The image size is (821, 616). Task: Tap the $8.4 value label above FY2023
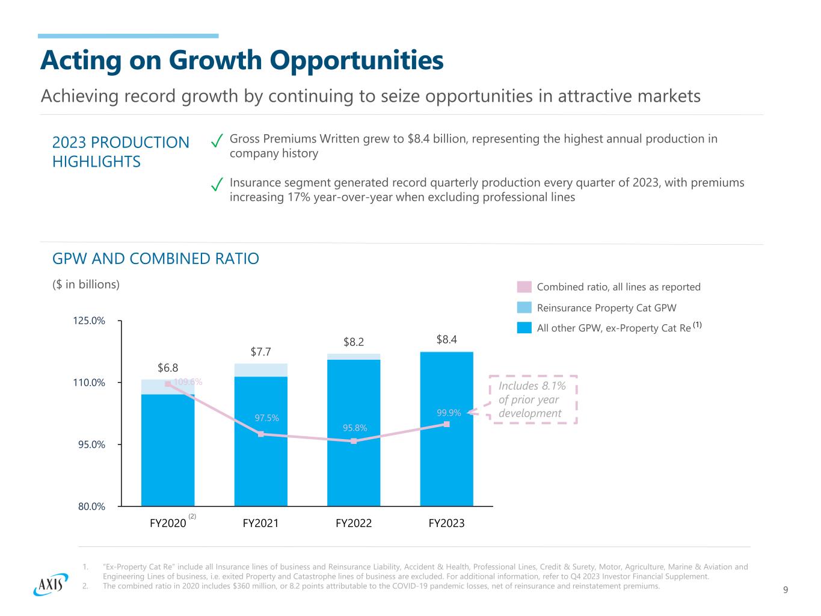446,340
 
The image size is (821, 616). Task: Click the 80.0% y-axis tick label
93,507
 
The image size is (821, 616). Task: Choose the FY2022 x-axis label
354,523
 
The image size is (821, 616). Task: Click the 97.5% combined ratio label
266,418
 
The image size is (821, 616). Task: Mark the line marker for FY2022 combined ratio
354,441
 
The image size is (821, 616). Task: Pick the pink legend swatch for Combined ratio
524,287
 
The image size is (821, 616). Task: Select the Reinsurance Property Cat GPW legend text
606,308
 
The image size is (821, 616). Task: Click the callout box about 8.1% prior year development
533,399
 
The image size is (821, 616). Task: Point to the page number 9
786,590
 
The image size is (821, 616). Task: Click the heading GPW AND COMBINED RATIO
156,259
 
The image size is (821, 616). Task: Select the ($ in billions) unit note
86,285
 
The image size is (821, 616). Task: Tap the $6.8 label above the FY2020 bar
168,368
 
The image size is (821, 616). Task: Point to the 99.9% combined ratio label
449,413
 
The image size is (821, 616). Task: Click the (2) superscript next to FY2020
192,516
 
